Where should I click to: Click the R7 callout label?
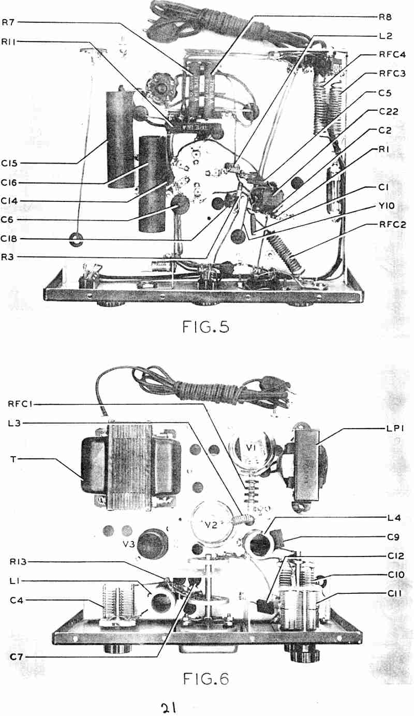click(x=9, y=22)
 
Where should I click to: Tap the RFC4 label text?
click(x=392, y=54)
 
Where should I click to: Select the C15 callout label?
click(x=9, y=163)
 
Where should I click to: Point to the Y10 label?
click(x=387, y=206)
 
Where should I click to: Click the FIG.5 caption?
click(x=206, y=327)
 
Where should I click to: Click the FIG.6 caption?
click(x=206, y=679)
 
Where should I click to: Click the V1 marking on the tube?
click(x=252, y=448)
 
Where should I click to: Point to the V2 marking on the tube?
click(x=211, y=524)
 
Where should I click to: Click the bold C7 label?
click(x=16, y=657)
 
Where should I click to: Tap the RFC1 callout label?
click(x=20, y=404)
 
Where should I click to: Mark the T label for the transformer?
click(x=13, y=460)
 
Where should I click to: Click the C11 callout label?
click(x=396, y=593)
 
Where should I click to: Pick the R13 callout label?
click(x=18, y=562)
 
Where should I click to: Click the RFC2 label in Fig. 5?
click(x=392, y=224)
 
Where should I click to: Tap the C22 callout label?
click(x=389, y=111)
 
